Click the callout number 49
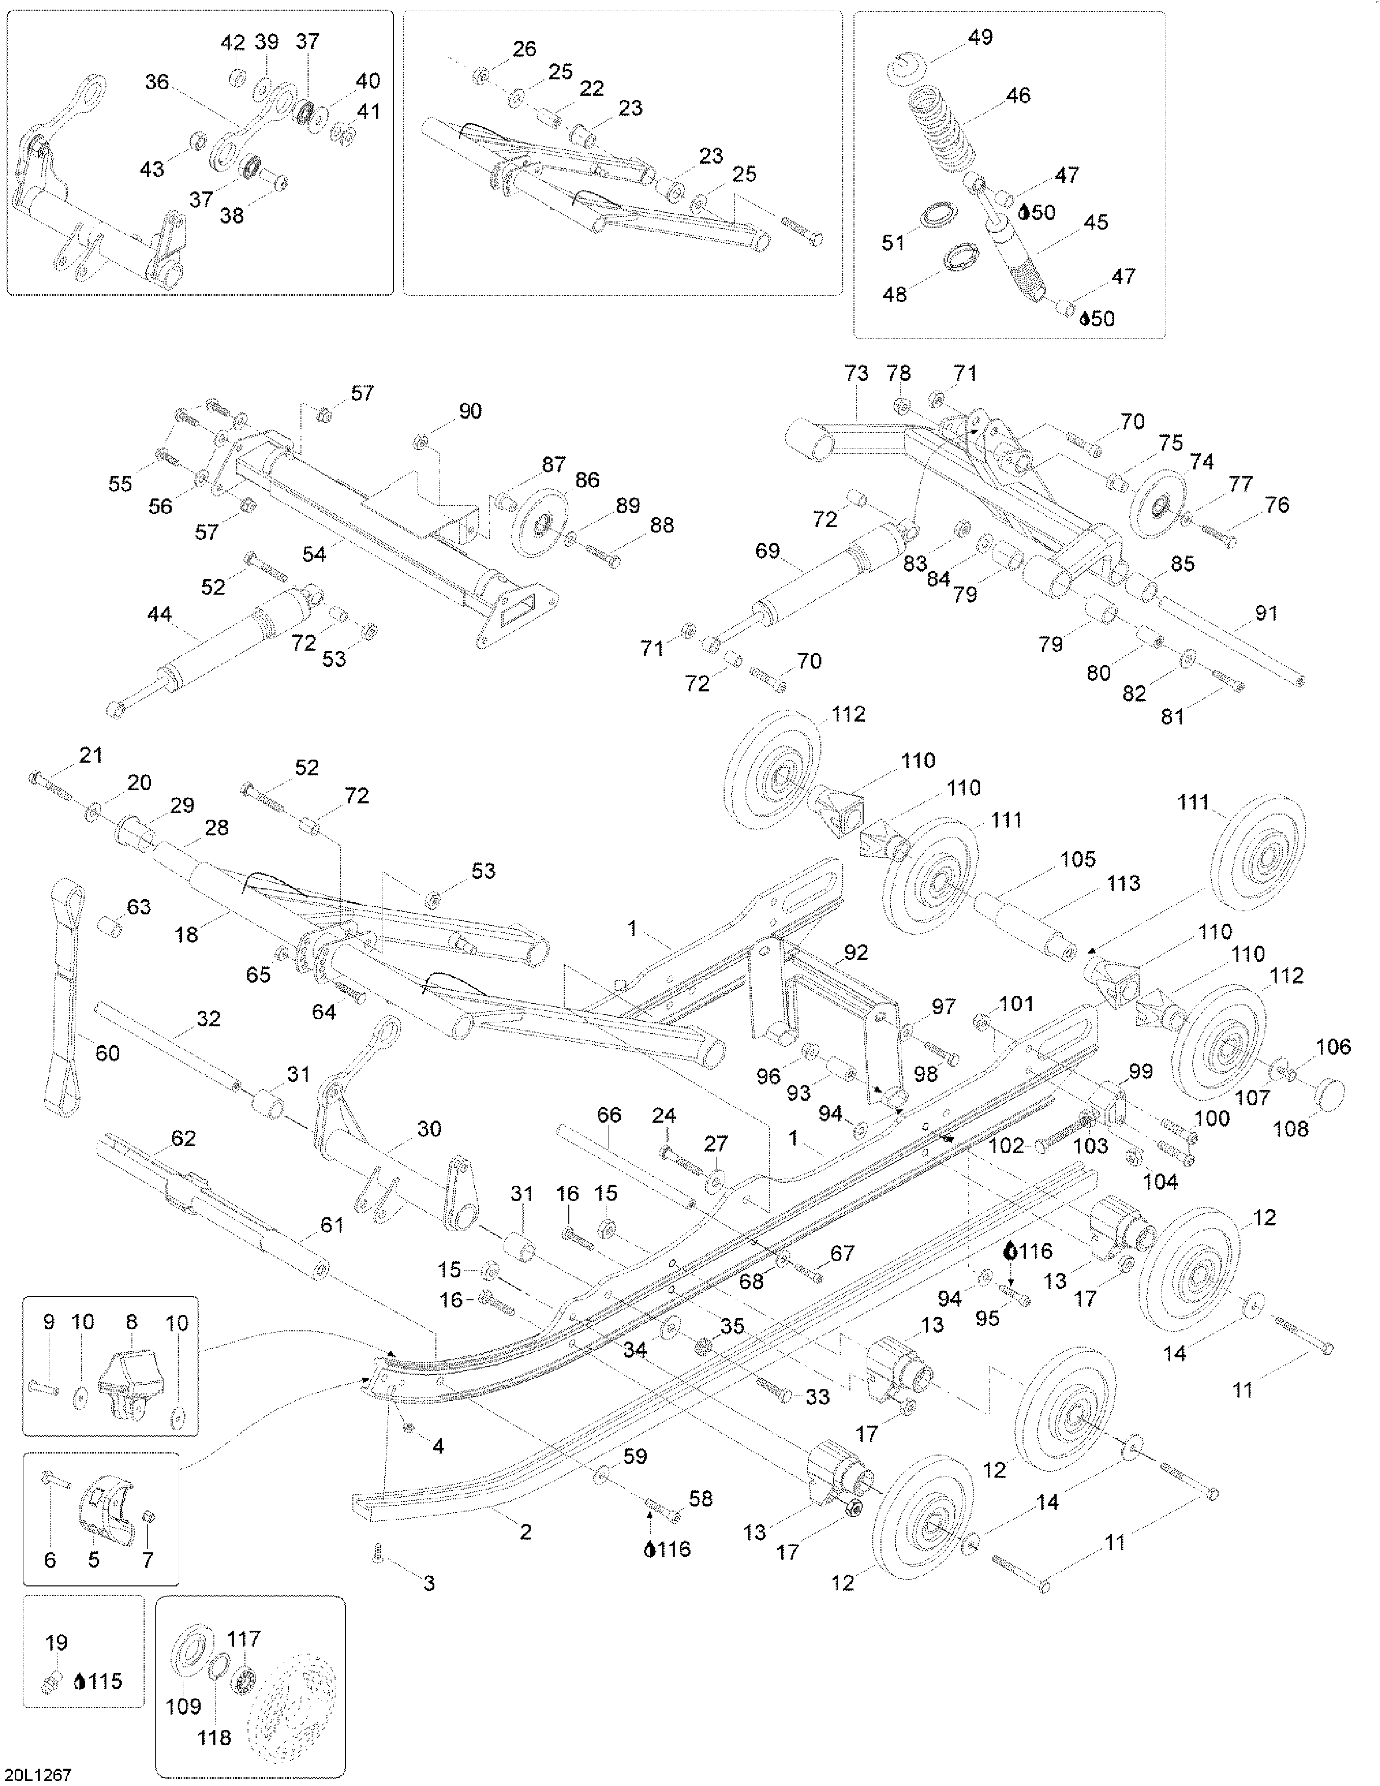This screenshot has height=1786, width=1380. pos(980,37)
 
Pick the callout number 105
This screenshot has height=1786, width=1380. pos(1078,859)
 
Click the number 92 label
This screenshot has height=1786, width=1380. pos(855,953)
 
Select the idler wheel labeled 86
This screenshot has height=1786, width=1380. pos(539,523)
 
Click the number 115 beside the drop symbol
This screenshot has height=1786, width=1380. pos(105,1681)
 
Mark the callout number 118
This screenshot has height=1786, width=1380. pos(214,1738)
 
